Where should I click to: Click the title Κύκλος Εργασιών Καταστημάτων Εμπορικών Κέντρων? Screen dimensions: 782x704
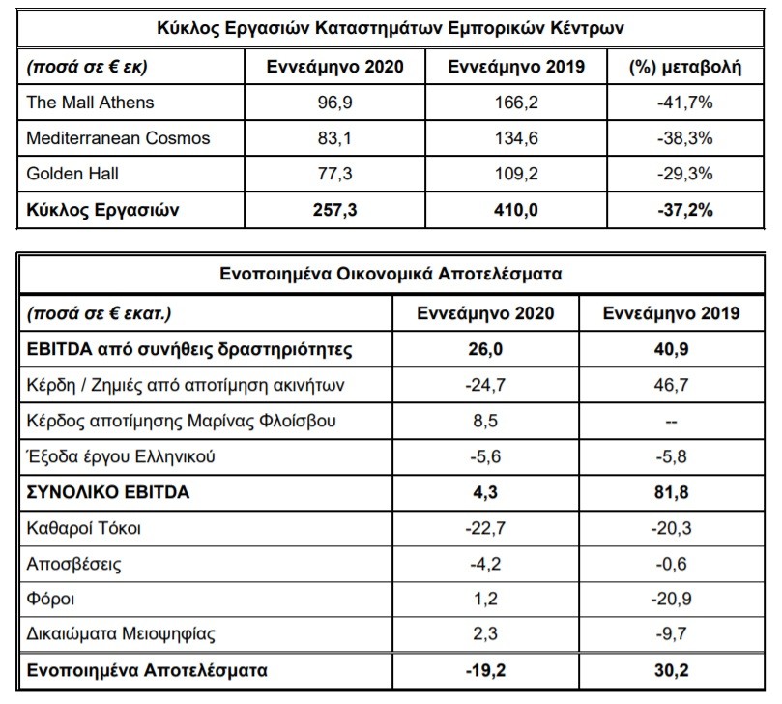coord(390,28)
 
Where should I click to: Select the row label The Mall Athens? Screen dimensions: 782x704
coord(90,103)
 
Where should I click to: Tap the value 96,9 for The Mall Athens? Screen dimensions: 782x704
coord(335,103)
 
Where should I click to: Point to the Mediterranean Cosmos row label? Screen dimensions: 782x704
coord(118,137)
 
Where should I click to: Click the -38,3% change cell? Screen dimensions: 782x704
coord(685,137)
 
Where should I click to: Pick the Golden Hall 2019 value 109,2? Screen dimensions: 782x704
coord(516,174)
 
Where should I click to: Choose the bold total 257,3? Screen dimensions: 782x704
coord(335,210)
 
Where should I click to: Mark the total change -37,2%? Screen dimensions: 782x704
coord(685,210)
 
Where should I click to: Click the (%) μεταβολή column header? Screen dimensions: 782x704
coord(685,67)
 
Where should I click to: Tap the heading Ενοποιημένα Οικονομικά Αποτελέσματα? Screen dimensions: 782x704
coord(391,274)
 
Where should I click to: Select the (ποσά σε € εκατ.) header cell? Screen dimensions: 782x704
coord(99,314)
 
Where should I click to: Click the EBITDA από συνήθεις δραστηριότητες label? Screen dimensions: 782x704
coord(189,349)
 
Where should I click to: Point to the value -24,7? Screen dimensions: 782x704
coord(485,385)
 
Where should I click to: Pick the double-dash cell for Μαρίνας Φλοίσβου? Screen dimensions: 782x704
coord(671,422)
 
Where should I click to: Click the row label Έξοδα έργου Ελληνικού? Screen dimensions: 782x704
coord(121,456)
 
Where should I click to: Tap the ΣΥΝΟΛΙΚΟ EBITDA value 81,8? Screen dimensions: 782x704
coord(671,492)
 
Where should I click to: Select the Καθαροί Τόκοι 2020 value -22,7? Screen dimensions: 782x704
coord(485,528)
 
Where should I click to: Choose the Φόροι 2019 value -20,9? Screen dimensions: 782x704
coord(671,599)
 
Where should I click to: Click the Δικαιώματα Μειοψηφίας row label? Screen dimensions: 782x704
coord(121,634)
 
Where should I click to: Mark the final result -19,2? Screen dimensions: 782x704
coord(485,670)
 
